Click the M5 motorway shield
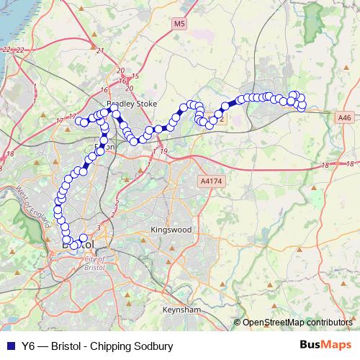point(179,24)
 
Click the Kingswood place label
point(171,230)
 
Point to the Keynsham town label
point(182,309)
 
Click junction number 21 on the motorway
point(100,50)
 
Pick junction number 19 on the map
point(164,150)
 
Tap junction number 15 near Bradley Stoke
point(135,76)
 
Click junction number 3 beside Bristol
point(99,228)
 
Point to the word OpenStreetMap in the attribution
point(273,323)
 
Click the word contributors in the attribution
point(328,323)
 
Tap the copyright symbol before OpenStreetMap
point(237,323)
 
